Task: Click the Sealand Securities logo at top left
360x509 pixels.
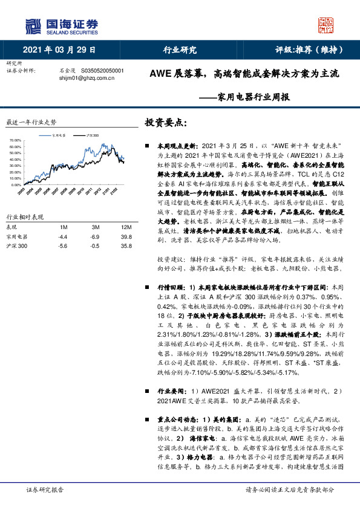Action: pos(61,26)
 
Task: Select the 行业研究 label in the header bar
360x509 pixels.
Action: pos(180,50)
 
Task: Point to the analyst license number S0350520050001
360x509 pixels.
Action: pos(102,70)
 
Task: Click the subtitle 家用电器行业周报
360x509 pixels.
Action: pos(254,97)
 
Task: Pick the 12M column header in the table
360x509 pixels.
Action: pos(126,227)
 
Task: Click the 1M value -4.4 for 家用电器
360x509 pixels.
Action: pos(62,236)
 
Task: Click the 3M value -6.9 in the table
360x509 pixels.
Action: pos(95,236)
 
